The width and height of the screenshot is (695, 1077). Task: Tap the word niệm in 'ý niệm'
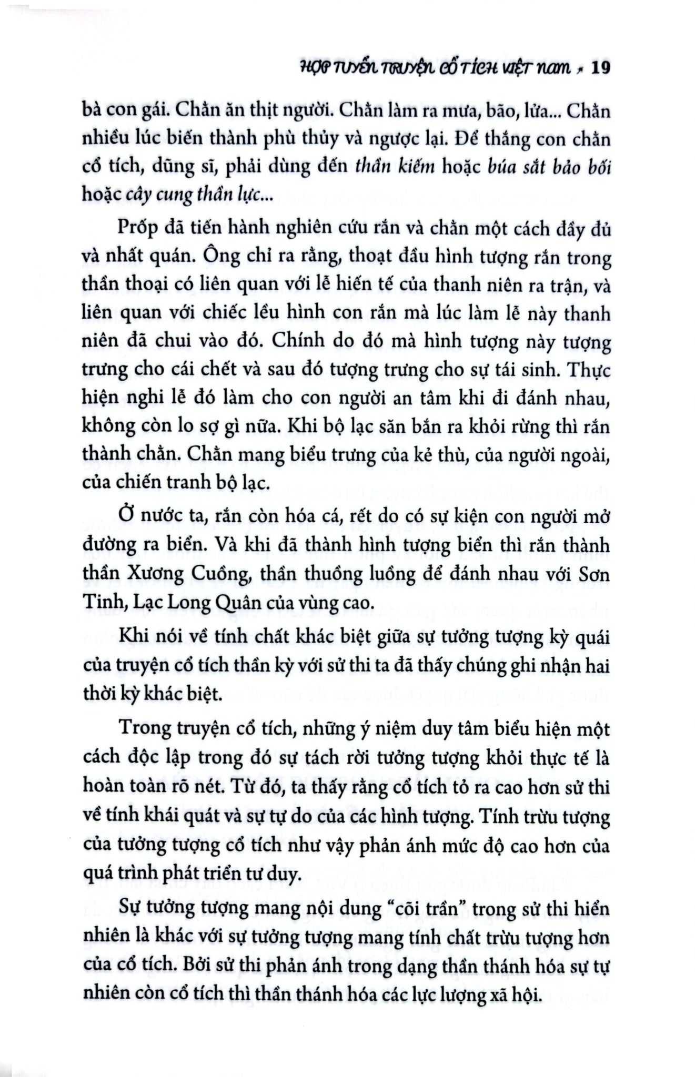click(x=375, y=729)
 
